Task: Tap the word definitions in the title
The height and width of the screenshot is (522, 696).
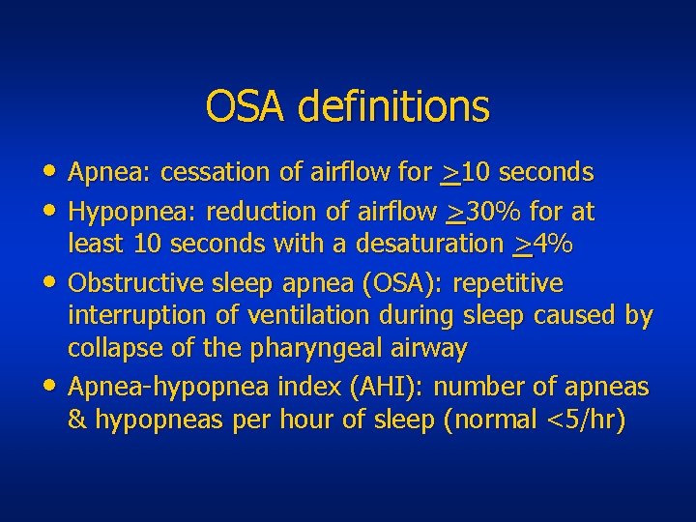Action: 394,106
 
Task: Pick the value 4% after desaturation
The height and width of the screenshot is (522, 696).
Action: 553,246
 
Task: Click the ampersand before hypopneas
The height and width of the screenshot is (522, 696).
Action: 77,421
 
